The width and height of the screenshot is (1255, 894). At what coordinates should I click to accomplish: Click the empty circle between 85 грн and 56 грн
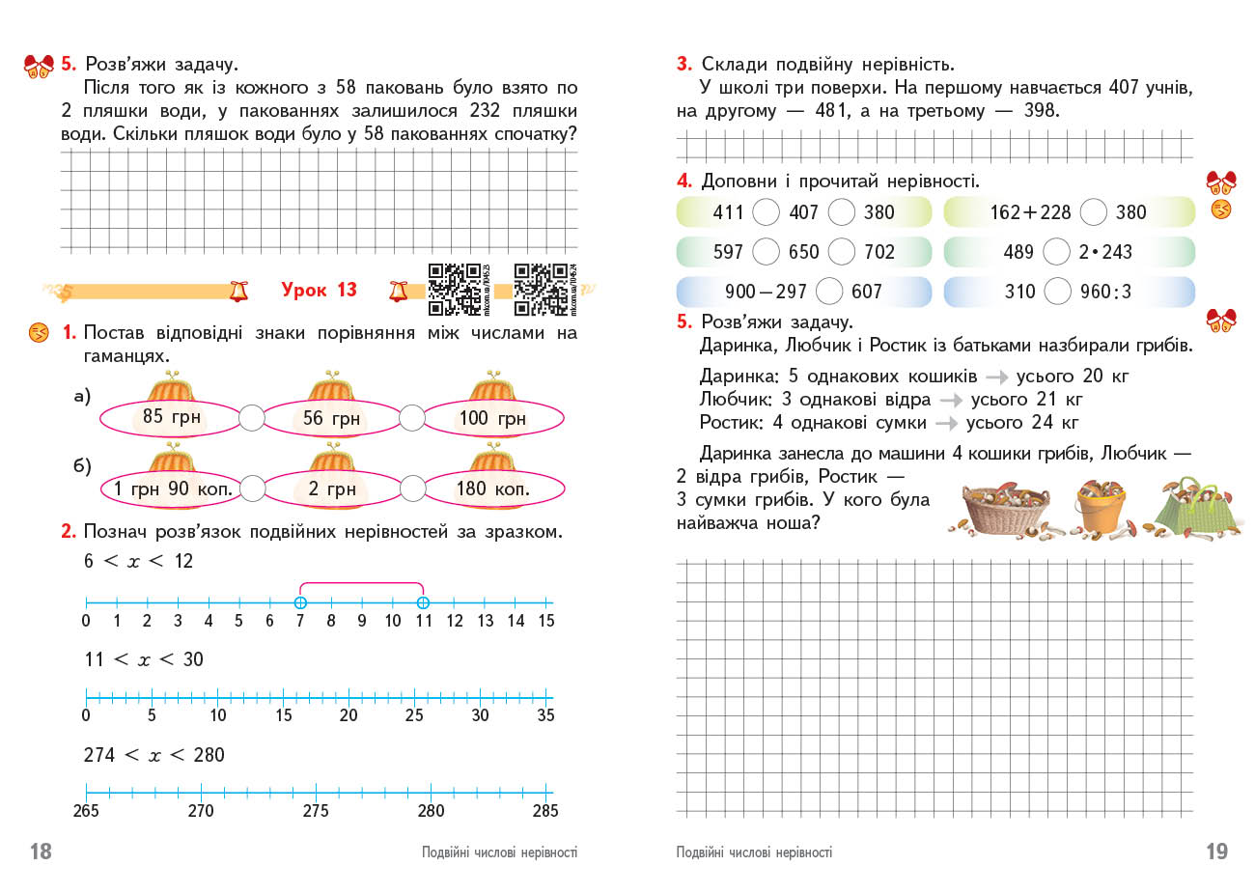tap(251, 417)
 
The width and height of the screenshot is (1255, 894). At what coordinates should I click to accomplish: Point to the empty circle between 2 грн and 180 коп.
tap(412, 489)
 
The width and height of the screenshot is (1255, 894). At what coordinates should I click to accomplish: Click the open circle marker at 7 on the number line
tap(300, 602)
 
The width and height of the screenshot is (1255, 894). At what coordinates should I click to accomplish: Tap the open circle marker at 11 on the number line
tap(423, 602)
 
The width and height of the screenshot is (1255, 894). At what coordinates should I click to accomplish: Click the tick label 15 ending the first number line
tap(546, 621)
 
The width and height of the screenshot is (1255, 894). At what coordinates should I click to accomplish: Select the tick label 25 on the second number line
tap(414, 715)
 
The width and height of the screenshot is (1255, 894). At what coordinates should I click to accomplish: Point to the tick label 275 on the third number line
tap(316, 811)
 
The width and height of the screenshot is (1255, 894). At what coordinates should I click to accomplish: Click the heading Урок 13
tap(319, 290)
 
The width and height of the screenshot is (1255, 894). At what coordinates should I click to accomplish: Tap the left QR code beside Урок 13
tap(454, 289)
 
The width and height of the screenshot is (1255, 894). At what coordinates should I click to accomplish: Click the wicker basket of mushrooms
tap(1008, 509)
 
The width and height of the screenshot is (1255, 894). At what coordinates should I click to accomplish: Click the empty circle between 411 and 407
tap(766, 211)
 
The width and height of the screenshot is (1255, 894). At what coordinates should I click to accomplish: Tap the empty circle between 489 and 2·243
tap(1057, 252)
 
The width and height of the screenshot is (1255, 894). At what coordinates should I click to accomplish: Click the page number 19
tap(1216, 851)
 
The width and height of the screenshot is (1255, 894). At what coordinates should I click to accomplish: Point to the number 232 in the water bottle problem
tap(485, 110)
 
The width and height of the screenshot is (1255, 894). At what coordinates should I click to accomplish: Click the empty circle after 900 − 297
tap(829, 291)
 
